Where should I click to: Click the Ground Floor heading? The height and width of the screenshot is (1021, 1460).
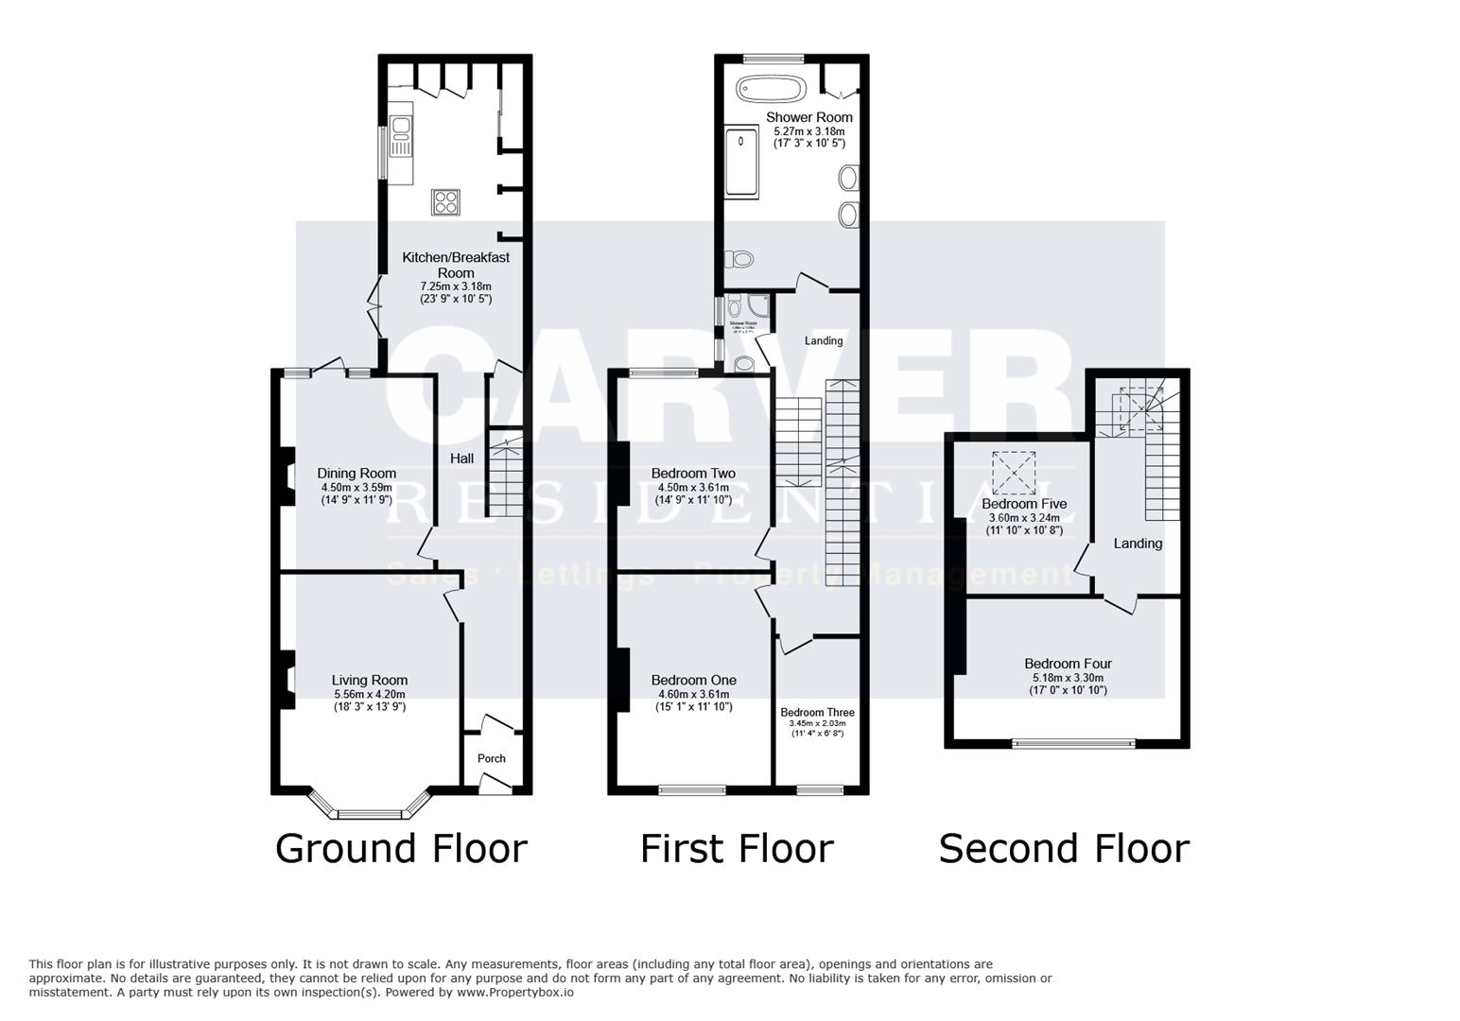click(401, 848)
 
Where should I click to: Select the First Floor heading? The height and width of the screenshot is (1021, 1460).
click(737, 848)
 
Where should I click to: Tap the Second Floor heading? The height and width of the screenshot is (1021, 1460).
click(1064, 848)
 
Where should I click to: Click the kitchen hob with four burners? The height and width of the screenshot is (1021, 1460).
click(445, 201)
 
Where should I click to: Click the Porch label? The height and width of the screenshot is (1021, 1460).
click(491, 758)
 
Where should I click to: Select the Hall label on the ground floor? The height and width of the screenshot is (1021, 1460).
click(461, 459)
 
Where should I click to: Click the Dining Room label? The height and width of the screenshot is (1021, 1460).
click(356, 474)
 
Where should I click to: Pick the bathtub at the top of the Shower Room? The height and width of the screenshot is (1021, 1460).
click(771, 89)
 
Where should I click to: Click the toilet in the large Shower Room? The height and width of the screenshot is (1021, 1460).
click(739, 258)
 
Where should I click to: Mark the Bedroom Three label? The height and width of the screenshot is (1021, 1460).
click(817, 713)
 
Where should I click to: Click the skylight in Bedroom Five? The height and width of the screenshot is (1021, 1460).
click(1014, 473)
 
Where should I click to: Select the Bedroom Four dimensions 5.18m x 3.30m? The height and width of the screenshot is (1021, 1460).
click(1068, 678)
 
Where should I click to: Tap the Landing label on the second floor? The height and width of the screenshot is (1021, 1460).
click(1138, 544)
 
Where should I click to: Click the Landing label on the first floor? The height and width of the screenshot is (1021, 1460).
click(823, 340)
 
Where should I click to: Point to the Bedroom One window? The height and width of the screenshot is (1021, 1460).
click(692, 789)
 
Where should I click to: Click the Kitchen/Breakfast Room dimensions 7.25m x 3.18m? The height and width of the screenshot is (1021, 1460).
click(455, 286)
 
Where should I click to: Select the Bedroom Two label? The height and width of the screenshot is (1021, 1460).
click(693, 474)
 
